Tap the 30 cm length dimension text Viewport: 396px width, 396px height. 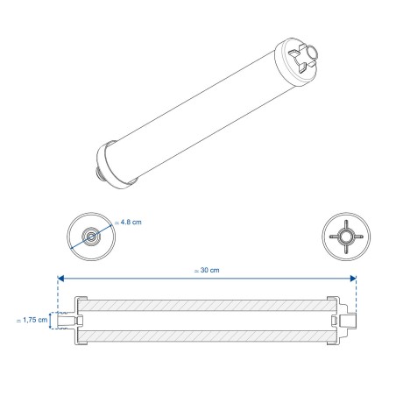click(x=207, y=270)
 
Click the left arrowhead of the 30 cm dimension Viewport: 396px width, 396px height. click(x=60, y=279)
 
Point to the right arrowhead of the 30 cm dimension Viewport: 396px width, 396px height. click(x=354, y=279)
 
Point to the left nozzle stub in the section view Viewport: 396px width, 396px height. click(x=65, y=322)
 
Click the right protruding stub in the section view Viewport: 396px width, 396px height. click(x=351, y=322)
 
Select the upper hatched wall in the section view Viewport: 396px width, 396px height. click(x=207, y=306)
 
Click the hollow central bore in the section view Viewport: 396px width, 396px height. click(x=207, y=322)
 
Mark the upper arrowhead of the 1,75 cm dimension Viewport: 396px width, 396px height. click(x=51, y=314)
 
